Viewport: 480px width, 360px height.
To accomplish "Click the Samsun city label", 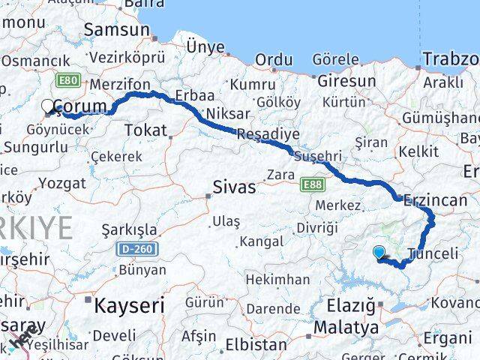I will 118,30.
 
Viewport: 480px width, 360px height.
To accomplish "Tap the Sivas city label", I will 234,187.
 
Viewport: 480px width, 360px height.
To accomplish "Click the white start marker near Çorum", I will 49,107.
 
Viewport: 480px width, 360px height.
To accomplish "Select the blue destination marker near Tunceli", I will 379,253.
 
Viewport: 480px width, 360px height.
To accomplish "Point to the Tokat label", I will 145,130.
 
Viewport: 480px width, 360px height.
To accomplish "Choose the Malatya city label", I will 346,327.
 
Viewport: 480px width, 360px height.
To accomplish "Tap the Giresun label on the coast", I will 346,80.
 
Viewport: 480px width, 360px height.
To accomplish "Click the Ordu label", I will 273,59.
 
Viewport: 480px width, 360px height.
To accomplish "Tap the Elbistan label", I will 258,346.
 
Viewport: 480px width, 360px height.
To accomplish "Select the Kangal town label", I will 261,241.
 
